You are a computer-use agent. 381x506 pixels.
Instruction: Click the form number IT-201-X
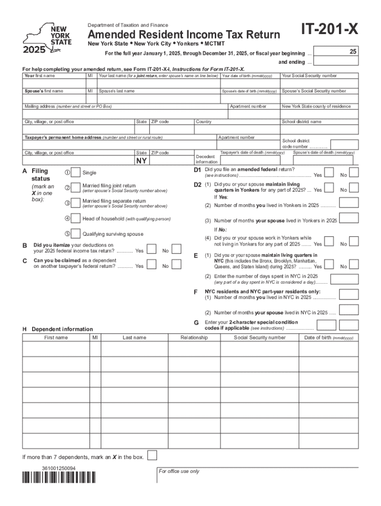point(330,32)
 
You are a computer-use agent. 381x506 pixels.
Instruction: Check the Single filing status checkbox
point(75,172)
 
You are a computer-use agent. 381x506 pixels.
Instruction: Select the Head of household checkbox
point(75,218)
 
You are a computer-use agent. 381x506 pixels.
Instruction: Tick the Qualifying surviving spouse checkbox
point(75,234)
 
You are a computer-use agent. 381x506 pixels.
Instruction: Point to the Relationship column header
point(194,337)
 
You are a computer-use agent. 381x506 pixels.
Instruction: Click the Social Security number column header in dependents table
point(260,337)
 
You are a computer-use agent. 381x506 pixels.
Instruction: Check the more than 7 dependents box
point(153,455)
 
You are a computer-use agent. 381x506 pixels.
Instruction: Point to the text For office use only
point(179,471)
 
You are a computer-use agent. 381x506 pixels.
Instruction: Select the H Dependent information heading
point(57,329)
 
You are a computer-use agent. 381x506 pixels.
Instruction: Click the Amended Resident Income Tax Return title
point(184,35)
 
